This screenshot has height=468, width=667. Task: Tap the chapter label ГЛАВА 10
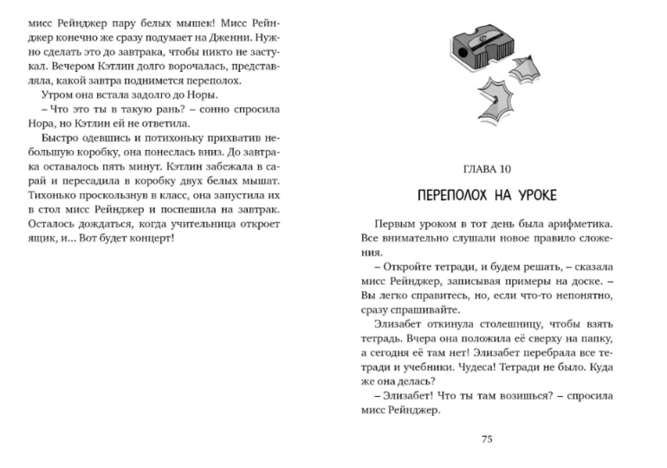click(x=488, y=168)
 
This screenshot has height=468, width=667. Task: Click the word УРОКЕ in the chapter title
click(x=528, y=192)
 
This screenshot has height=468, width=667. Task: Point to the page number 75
click(x=487, y=439)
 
